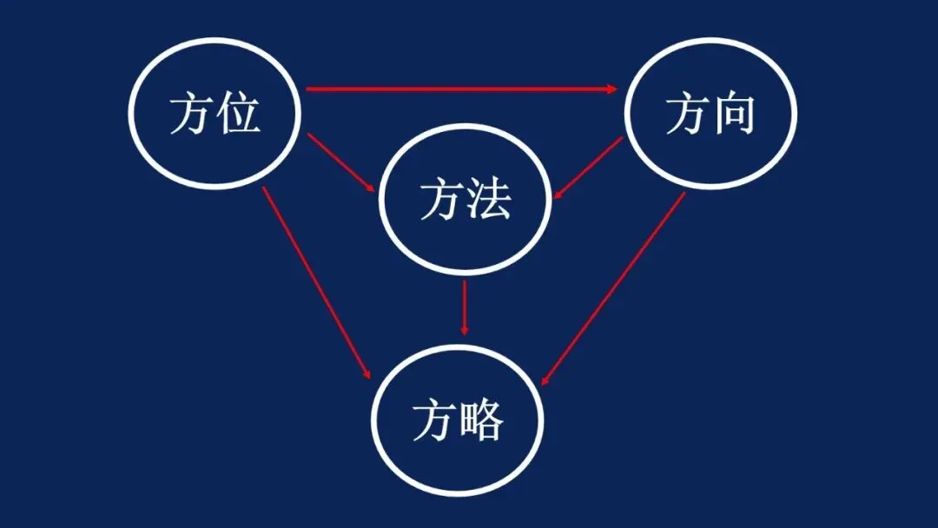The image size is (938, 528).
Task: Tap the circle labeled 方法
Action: coord(466,201)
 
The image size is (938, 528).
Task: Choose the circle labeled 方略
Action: coord(458,423)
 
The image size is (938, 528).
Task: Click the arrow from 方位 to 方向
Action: coord(460,89)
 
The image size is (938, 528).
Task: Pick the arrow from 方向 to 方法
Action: coord(589,168)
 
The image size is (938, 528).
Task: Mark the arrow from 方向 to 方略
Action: coord(613,287)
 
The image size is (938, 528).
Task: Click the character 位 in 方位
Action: coord(238,114)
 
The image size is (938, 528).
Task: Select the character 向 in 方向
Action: coord(733,114)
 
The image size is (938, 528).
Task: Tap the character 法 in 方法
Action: coord(489,201)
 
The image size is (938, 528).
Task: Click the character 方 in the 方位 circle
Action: coord(191,114)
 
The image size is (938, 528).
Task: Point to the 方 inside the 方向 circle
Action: coord(687,114)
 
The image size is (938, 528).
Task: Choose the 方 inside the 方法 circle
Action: coord(442,201)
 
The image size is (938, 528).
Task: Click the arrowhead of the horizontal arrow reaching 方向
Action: coord(613,89)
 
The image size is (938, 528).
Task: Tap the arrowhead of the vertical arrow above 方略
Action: coord(465,330)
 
